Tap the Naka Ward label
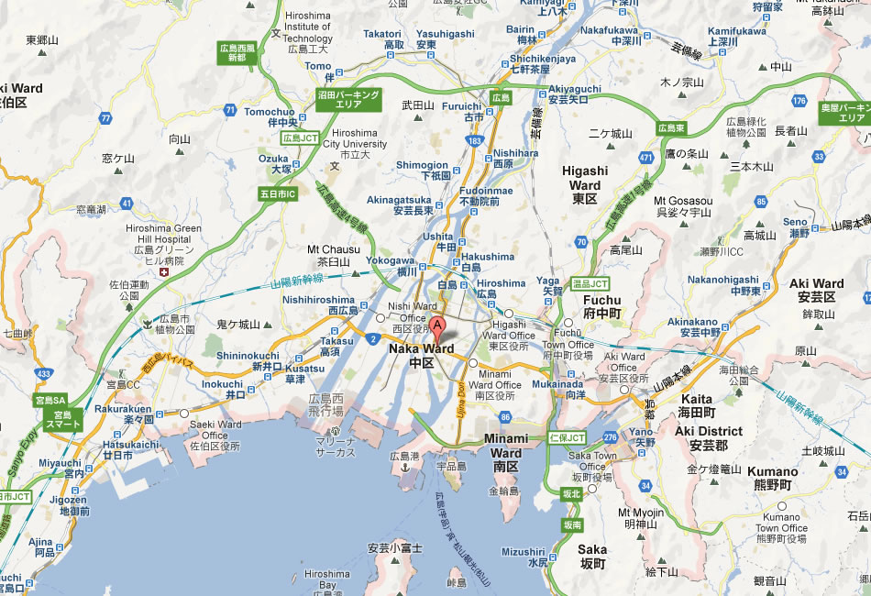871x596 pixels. pos(423,349)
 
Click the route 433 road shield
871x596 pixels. pos(43,373)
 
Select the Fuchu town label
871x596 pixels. pos(602,306)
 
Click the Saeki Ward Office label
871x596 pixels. pos(216,430)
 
